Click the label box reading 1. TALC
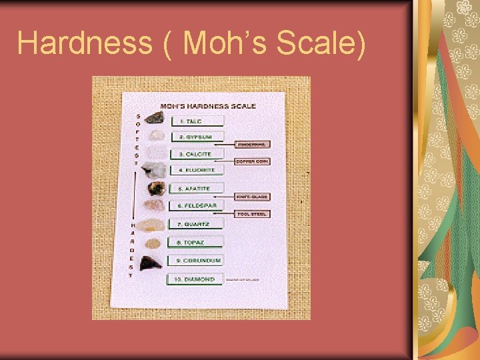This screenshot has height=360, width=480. (197, 121)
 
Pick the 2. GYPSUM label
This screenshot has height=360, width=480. (197, 137)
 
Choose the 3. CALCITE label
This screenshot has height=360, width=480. (197, 154)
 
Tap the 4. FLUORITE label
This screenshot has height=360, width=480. (197, 171)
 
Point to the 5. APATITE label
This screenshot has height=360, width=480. (197, 189)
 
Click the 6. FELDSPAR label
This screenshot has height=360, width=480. (197, 206)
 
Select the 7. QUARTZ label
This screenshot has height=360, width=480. (197, 224)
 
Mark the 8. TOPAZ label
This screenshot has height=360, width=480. (197, 242)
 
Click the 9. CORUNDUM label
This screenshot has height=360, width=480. (197, 260)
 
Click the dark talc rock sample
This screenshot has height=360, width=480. (155, 119)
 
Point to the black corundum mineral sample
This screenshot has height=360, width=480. (153, 262)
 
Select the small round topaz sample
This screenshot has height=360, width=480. (153, 243)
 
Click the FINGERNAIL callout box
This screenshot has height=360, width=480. (253, 144)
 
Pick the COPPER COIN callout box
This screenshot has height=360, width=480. (253, 161)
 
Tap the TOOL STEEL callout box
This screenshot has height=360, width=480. (253, 214)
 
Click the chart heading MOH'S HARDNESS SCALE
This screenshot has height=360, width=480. (207, 106)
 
